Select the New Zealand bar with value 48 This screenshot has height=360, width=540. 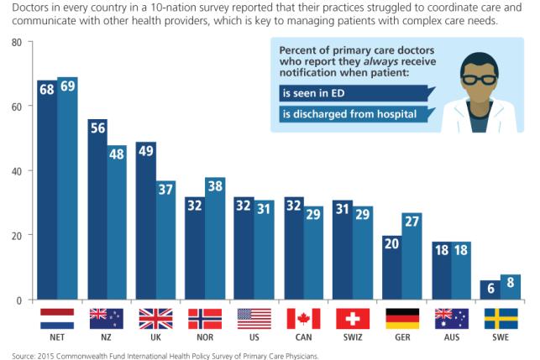pos(116,222)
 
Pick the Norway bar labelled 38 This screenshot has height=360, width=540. pos(215,238)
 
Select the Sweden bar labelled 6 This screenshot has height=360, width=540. pos(490,290)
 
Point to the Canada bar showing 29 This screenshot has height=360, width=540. pos(314,253)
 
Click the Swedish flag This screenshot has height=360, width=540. pos(501,318)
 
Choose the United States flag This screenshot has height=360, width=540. pos(254,318)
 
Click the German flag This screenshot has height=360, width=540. pos(402,318)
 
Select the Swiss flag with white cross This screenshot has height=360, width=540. pos(353,318)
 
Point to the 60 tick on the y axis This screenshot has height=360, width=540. pos(17,107)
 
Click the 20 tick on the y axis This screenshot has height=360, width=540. pos(17,236)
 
